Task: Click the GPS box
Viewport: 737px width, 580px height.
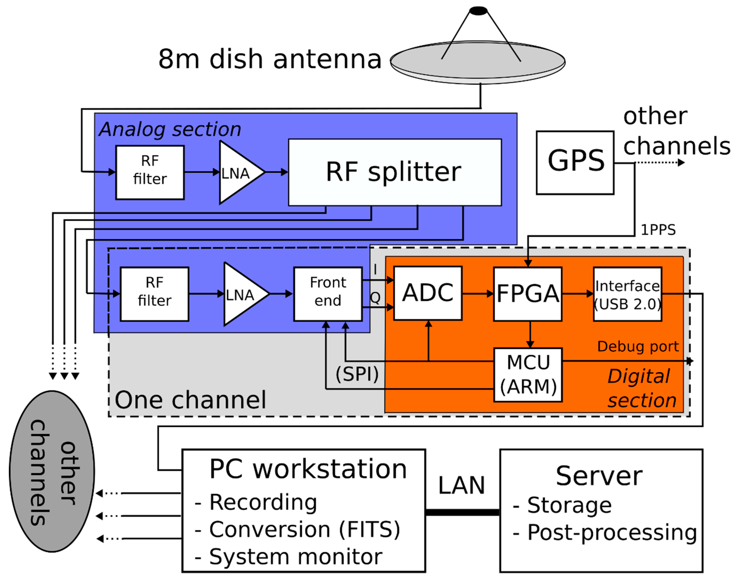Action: (575, 163)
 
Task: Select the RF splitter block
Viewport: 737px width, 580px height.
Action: (395, 172)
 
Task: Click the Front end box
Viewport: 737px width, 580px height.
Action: (328, 294)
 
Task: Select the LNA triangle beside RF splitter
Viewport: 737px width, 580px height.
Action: (238, 173)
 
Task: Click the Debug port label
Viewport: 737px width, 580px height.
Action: (638, 346)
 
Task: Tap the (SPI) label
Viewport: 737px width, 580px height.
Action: (357, 374)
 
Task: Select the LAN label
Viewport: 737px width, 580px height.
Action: (461, 485)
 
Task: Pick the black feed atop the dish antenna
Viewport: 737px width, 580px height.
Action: (478, 11)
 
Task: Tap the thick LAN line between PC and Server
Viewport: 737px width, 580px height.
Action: (462, 512)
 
